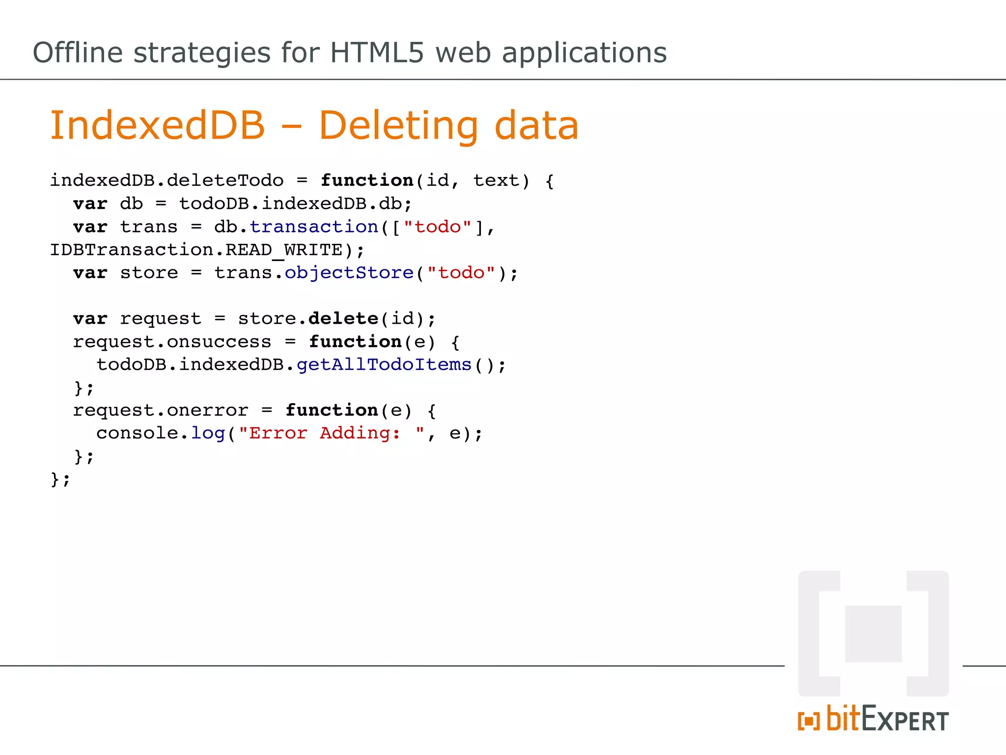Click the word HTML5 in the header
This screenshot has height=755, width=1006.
(376, 53)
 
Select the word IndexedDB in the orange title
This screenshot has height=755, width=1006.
(158, 125)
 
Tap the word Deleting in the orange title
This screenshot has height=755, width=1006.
(398, 126)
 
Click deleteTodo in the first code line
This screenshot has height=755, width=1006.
(225, 180)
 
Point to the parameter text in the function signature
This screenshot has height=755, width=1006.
(496, 180)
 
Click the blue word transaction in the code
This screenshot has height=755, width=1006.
(313, 227)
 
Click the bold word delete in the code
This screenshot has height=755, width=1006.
(343, 319)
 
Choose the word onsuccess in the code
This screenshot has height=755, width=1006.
(219, 342)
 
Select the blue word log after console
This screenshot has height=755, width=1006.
(208, 433)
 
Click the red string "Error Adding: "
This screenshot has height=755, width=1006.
(332, 433)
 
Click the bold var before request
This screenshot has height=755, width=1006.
(90, 319)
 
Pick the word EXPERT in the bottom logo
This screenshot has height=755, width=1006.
(905, 720)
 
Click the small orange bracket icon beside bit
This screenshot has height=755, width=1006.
(809, 721)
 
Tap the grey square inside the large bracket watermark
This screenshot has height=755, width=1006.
(873, 634)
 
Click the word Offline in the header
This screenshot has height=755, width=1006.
(77, 53)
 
